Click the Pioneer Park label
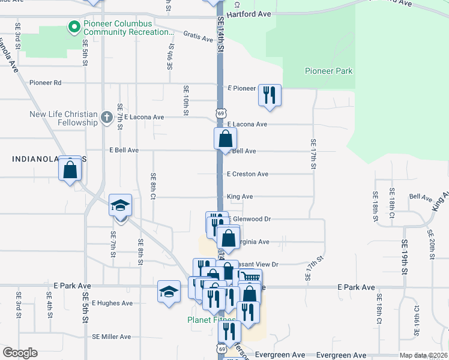[328, 71]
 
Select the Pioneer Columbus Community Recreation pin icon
[74, 26]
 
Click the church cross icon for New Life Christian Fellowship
[106, 117]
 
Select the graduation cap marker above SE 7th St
[120, 206]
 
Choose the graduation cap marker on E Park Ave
[169, 292]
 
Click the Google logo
[20, 353]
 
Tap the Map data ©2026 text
[424, 355]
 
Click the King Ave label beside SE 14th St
[240, 196]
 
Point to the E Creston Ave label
[247, 174]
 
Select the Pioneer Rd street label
[46, 83]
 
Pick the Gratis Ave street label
[199, 37]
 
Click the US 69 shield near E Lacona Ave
[222, 113]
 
